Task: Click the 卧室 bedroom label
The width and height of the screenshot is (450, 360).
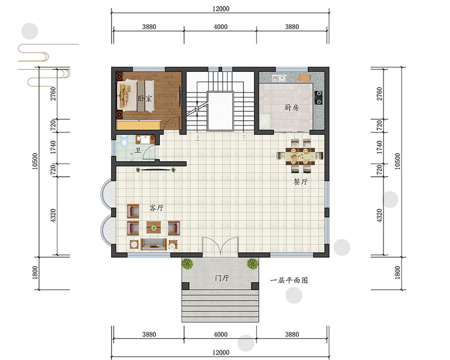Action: click(x=144, y=99)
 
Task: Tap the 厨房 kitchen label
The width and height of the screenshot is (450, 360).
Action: click(x=292, y=108)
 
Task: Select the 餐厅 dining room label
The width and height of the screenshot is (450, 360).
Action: click(x=301, y=181)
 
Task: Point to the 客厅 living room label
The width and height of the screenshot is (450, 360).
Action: click(x=157, y=207)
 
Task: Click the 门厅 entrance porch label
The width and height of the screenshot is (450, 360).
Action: click(x=222, y=278)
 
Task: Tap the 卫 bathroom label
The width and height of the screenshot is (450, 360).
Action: click(x=138, y=150)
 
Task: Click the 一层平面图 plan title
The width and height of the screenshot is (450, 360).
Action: click(x=289, y=280)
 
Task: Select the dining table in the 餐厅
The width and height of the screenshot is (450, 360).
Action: click(x=300, y=156)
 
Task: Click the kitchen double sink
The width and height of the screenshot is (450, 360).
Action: click(x=279, y=78)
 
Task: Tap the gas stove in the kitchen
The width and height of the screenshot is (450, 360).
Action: click(x=319, y=97)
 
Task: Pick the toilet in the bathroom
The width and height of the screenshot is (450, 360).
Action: click(x=124, y=140)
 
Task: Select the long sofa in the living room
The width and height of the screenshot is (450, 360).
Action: click(x=154, y=244)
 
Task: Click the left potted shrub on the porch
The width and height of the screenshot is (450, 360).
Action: click(x=187, y=264)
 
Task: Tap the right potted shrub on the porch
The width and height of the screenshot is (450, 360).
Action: click(x=252, y=264)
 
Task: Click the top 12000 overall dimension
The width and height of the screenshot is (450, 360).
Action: click(x=220, y=9)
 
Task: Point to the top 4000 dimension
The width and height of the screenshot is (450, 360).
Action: click(x=220, y=27)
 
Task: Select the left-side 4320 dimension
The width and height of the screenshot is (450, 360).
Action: click(x=53, y=216)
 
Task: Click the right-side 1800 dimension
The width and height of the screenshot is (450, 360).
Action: click(x=397, y=273)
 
